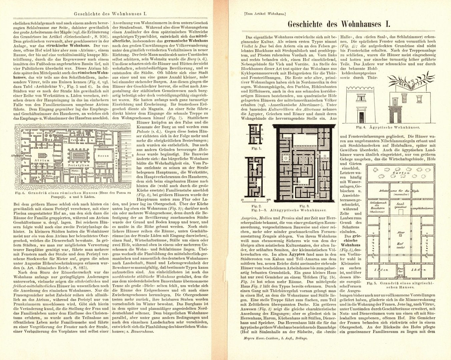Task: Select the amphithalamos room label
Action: [x=422, y=207]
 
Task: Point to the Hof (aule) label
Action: [x=400, y=246]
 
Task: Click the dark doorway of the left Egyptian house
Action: [x=361, y=116]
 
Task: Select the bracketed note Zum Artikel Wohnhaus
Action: [x=265, y=14]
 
